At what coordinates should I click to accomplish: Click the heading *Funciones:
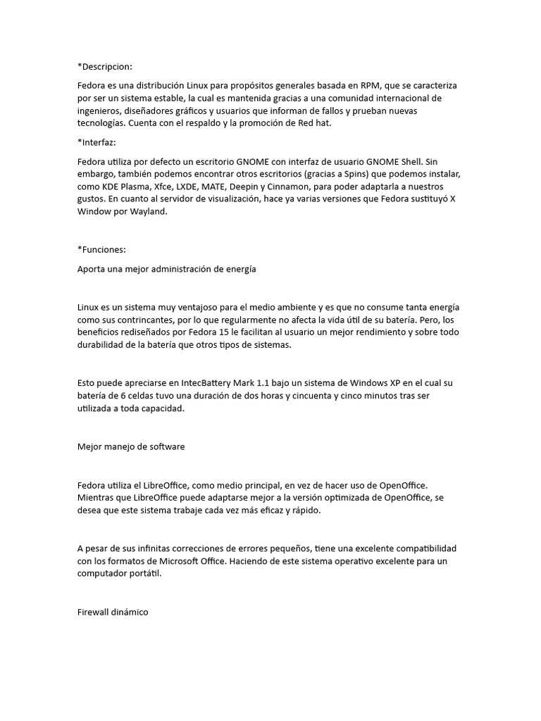click(x=101, y=249)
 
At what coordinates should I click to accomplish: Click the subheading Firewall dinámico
click(x=113, y=612)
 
